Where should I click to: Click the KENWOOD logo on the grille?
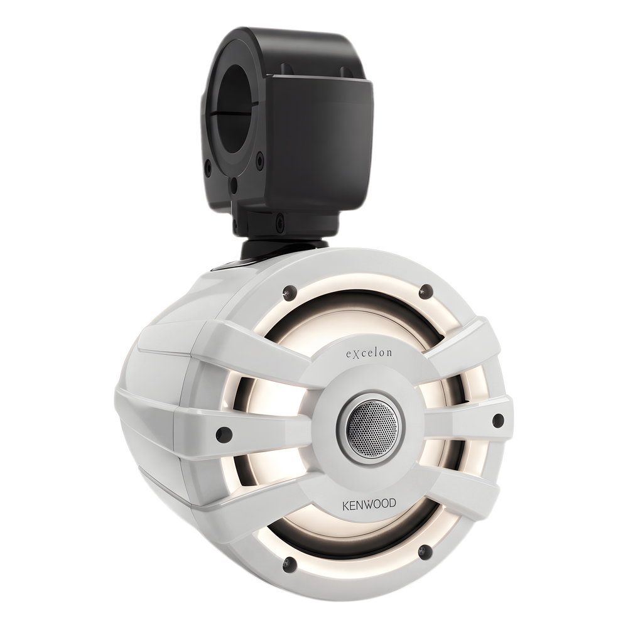369,504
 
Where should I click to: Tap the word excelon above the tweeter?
369,353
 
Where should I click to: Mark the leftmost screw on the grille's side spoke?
222,433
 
